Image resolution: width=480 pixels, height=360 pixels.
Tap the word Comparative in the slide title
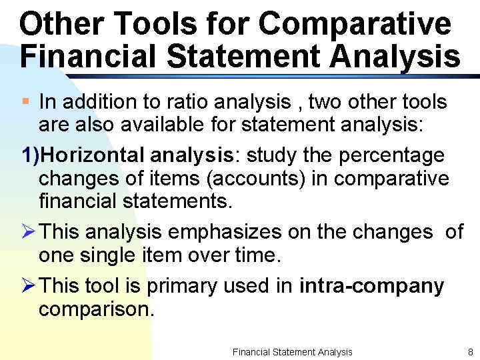[x=355, y=24]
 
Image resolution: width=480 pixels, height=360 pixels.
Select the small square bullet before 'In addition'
[x=25, y=102]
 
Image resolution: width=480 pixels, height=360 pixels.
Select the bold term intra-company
[x=371, y=286]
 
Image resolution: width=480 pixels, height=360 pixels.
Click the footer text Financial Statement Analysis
[x=292, y=351]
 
